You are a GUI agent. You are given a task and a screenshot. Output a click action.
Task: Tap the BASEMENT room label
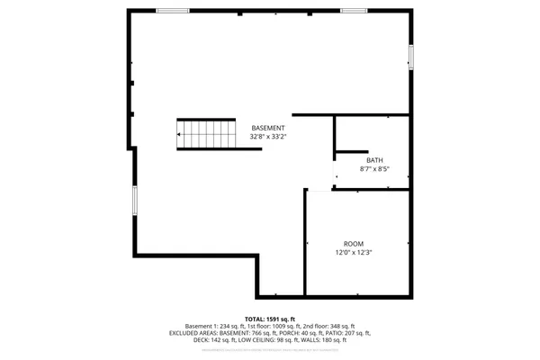click(268, 128)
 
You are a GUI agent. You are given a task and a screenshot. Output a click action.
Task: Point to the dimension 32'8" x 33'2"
click(268, 137)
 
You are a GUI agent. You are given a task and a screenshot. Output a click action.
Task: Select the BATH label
click(373, 160)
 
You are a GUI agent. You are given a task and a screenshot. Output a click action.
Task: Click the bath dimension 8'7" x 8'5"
click(373, 168)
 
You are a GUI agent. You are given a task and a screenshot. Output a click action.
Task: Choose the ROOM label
click(353, 244)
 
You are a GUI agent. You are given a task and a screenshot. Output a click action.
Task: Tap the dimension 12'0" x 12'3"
click(353, 253)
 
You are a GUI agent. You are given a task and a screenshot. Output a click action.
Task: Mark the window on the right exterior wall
click(412, 57)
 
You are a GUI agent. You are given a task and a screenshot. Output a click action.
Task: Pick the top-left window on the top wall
click(172, 11)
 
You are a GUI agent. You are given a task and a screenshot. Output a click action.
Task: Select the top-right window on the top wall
click(354, 11)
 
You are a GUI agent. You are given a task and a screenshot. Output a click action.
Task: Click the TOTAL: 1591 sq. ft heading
click(269, 319)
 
